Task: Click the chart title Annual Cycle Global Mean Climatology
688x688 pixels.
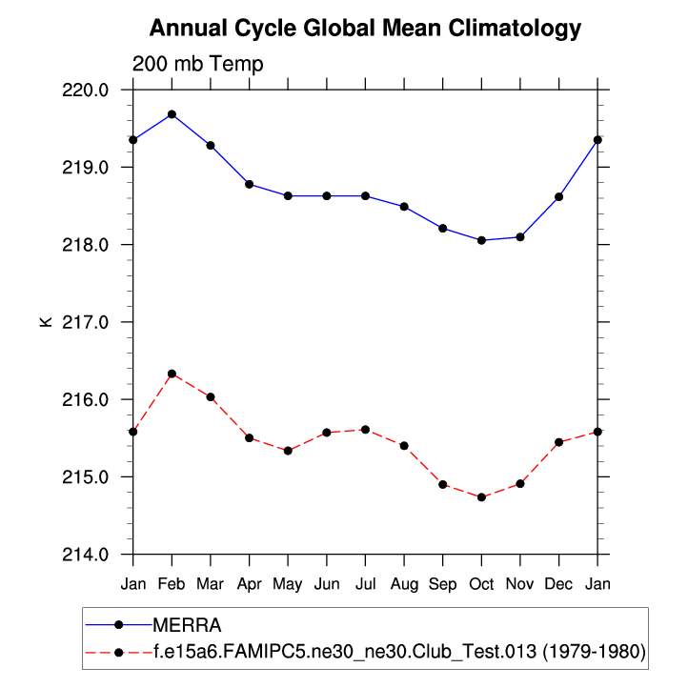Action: [x=365, y=29]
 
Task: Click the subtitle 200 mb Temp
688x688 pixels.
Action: [x=197, y=64]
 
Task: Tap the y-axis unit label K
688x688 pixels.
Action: [x=45, y=322]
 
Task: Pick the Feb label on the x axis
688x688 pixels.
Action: [x=172, y=582]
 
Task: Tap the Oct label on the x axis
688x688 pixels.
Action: [x=481, y=582]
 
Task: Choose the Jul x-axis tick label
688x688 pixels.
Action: [x=365, y=582]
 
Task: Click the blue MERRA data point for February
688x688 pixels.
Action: [x=172, y=114]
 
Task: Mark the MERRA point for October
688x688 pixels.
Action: [x=481, y=240]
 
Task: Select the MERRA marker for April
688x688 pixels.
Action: [x=249, y=184]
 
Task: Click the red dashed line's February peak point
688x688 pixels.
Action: [x=172, y=374]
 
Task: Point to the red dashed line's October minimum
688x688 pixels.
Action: [x=481, y=497]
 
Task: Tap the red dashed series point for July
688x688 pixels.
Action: [x=365, y=430]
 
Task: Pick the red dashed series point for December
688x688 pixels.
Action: [x=558, y=442]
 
